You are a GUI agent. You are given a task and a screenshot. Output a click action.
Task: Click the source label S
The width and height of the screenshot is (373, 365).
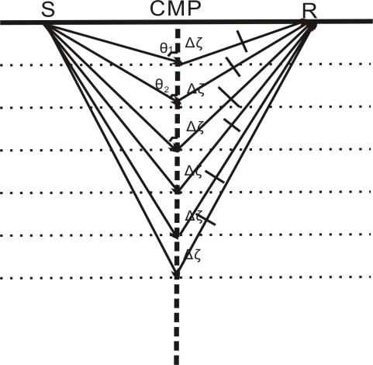coord(48,10)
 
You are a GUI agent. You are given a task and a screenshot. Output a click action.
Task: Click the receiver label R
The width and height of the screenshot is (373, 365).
coord(310,12)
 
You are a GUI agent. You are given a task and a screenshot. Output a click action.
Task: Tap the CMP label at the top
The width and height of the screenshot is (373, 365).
coord(175,9)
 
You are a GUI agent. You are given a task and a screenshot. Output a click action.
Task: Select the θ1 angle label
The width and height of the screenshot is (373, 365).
coord(166,48)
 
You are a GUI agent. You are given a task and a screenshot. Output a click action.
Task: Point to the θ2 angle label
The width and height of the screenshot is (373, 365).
coord(162,85)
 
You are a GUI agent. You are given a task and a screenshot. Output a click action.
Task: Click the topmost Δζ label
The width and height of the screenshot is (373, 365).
coord(193,44)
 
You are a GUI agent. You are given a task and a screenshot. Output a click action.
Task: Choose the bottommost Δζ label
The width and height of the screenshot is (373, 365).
coord(192,256)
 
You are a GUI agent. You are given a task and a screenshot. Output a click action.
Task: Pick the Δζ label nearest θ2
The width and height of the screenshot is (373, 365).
coord(195,89)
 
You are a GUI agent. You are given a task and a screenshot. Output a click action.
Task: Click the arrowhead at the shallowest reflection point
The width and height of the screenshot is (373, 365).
coord(178,62)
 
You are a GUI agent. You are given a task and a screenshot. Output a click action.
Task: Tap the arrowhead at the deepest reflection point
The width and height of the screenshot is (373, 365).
coord(177,274)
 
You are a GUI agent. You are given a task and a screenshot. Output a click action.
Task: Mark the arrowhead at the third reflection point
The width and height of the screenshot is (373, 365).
coord(176,148)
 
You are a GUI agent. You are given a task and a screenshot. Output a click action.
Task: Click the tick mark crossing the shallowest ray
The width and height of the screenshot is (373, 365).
coord(243,41)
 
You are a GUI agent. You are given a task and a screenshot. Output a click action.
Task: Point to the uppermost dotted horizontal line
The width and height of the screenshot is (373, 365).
coord(186,64)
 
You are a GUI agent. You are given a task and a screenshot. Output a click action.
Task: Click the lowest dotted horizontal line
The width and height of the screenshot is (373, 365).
coord(186,278)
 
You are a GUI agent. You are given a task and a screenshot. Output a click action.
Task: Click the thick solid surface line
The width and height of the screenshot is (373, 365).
coord(186,22)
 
